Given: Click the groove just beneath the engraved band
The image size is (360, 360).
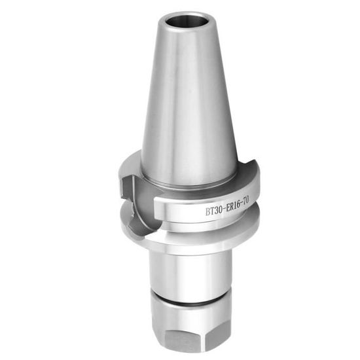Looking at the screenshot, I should click(196, 223).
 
